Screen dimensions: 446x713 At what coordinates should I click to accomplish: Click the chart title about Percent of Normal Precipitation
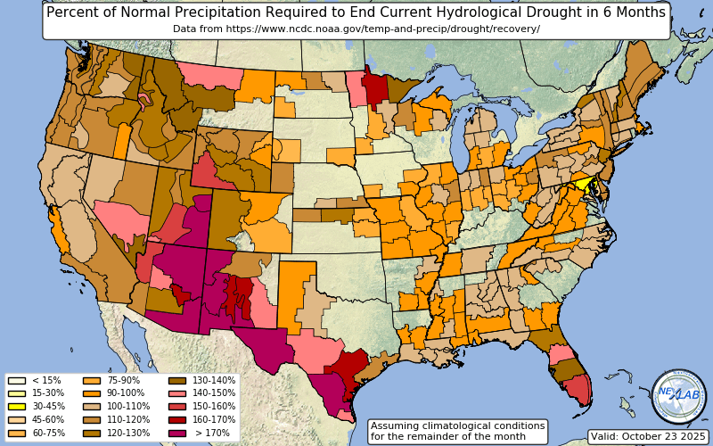(356, 12)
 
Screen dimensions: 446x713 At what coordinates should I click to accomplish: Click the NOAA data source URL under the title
(356, 29)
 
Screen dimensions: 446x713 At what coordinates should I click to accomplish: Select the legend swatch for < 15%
(16, 380)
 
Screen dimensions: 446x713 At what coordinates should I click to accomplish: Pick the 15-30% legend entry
(16, 393)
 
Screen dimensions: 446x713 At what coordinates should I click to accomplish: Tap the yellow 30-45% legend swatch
(16, 407)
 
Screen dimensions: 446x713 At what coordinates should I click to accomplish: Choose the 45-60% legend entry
(16, 420)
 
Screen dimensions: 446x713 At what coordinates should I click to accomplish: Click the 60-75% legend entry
(16, 434)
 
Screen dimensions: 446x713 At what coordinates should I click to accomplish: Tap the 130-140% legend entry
(176, 380)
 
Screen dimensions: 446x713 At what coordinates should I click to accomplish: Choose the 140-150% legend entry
(176, 393)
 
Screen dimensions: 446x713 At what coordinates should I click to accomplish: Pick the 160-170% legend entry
(176, 420)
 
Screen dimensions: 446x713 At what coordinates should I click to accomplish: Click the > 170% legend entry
(176, 434)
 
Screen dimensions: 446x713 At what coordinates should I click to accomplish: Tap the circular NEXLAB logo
(678, 396)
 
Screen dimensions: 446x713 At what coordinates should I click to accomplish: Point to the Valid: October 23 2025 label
(648, 436)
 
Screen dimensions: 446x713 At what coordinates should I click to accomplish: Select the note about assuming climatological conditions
(457, 432)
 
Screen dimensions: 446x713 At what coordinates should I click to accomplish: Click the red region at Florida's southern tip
(578, 387)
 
